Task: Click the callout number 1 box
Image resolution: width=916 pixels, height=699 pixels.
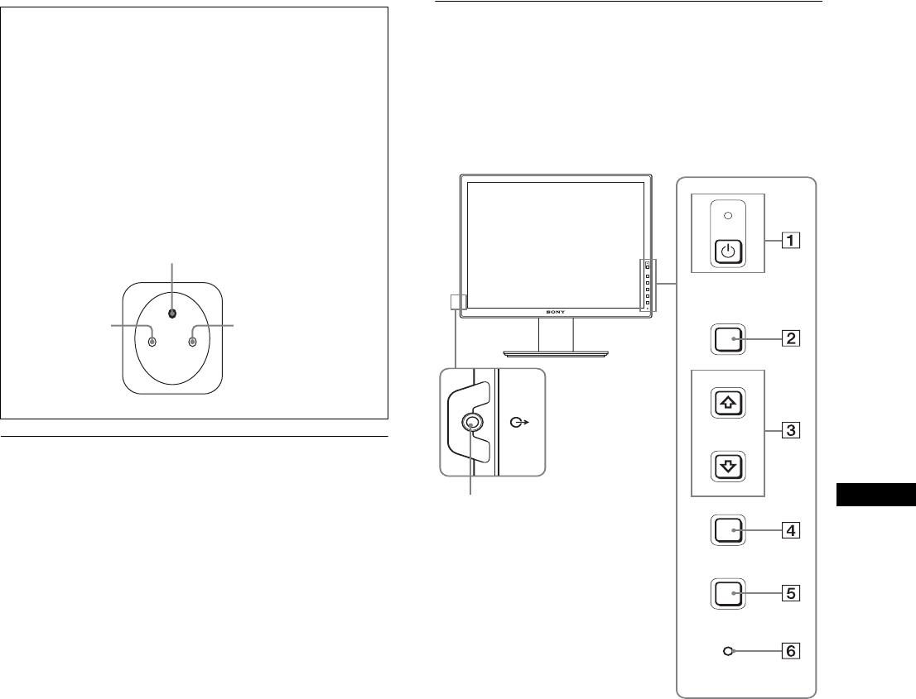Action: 793,242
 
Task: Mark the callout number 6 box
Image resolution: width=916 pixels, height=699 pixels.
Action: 793,651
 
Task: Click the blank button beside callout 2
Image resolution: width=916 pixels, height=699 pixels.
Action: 728,338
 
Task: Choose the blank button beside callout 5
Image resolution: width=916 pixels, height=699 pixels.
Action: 728,593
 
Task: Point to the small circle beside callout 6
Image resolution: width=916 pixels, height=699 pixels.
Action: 728,651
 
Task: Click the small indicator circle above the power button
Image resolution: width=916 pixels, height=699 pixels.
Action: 728,216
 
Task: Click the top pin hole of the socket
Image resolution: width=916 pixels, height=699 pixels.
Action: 171,314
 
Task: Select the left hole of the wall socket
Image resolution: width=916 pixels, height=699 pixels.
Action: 151,341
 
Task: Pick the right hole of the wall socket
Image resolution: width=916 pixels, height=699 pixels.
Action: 193,341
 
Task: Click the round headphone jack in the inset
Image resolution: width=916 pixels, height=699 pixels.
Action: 471,422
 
